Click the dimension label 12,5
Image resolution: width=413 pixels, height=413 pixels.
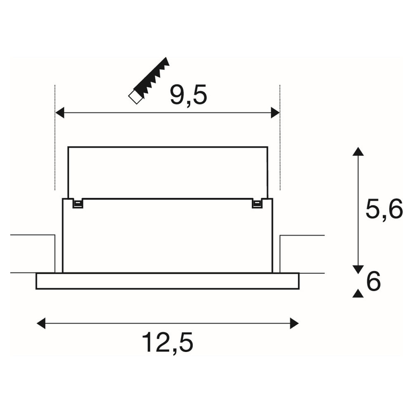click(168, 343)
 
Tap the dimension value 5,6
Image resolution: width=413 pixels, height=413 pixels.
click(384, 209)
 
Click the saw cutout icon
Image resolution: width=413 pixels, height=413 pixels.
click(149, 81)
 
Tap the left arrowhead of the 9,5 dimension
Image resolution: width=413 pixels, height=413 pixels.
click(60, 113)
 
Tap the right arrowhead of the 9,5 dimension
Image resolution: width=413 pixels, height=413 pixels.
click(275, 113)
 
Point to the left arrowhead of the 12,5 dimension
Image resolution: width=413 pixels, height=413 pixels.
click(41, 323)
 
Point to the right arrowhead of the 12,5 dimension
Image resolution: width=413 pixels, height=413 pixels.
click(294, 323)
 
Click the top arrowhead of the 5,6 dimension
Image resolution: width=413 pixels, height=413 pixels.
click(358, 152)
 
